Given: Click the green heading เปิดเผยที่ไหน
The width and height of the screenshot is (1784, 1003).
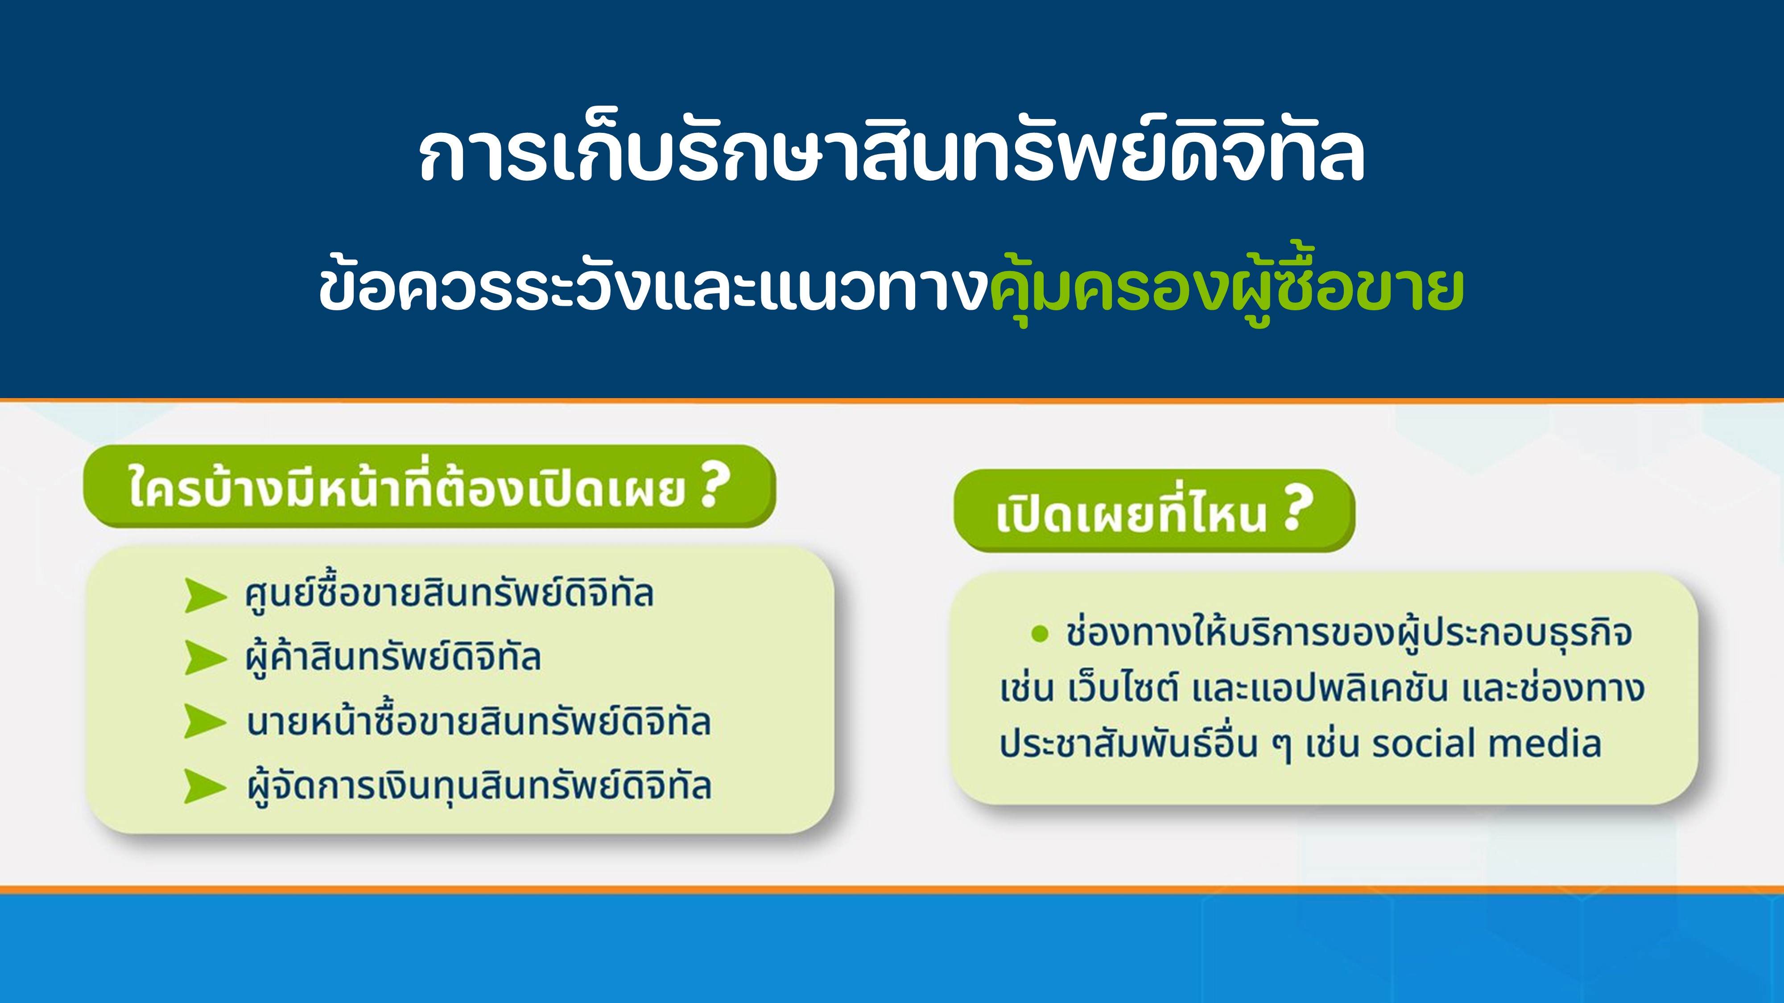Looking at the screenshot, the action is (1131, 513).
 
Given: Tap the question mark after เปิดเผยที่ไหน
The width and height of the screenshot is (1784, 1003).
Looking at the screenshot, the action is (1297, 511).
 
